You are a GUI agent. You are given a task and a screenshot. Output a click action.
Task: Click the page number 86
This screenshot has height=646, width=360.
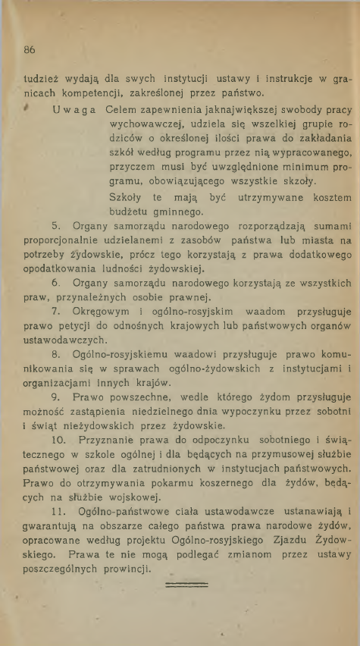click(30, 50)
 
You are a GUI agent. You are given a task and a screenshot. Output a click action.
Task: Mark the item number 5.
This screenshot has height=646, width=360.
click(55, 225)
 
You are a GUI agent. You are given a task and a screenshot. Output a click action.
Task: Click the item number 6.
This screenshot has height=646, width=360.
click(55, 282)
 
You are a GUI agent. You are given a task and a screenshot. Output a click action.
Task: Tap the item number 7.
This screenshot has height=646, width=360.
click(55, 311)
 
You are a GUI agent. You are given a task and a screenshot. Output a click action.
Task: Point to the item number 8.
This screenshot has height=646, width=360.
click(55, 353)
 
